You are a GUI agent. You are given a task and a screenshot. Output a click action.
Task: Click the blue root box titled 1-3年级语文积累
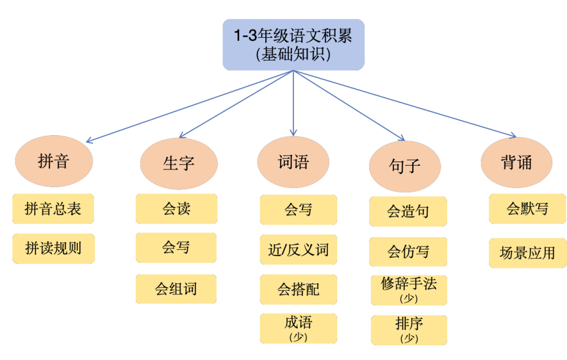click(x=294, y=45)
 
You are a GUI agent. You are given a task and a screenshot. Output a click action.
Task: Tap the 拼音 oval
click(x=54, y=162)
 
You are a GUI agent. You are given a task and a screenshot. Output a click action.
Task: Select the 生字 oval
click(x=178, y=163)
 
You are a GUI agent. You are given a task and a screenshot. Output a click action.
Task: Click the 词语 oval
click(x=294, y=162)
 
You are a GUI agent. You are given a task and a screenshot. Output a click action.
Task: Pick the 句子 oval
click(x=405, y=165)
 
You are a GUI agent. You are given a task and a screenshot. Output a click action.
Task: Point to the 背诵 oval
click(x=517, y=163)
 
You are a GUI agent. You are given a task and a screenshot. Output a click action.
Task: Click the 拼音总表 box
click(x=53, y=209)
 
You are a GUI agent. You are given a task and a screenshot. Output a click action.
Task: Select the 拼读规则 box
click(x=53, y=248)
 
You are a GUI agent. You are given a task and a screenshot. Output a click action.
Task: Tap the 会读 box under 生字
click(x=176, y=209)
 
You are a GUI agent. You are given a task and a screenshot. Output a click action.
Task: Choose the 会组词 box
click(x=176, y=289)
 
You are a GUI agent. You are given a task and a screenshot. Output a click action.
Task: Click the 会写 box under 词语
click(x=298, y=210)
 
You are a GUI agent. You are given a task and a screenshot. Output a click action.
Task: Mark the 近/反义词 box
click(x=298, y=250)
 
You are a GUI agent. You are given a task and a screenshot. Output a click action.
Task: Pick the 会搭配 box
click(x=298, y=289)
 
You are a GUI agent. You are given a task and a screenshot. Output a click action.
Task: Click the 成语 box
click(x=298, y=328)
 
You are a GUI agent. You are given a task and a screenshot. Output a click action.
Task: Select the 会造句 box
click(x=408, y=211)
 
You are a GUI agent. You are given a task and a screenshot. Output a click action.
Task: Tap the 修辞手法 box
click(x=409, y=290)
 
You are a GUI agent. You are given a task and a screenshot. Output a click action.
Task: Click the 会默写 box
click(x=527, y=209)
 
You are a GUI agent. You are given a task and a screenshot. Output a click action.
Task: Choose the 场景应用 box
click(x=527, y=253)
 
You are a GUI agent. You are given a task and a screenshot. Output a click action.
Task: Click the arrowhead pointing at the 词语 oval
click(x=294, y=133)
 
